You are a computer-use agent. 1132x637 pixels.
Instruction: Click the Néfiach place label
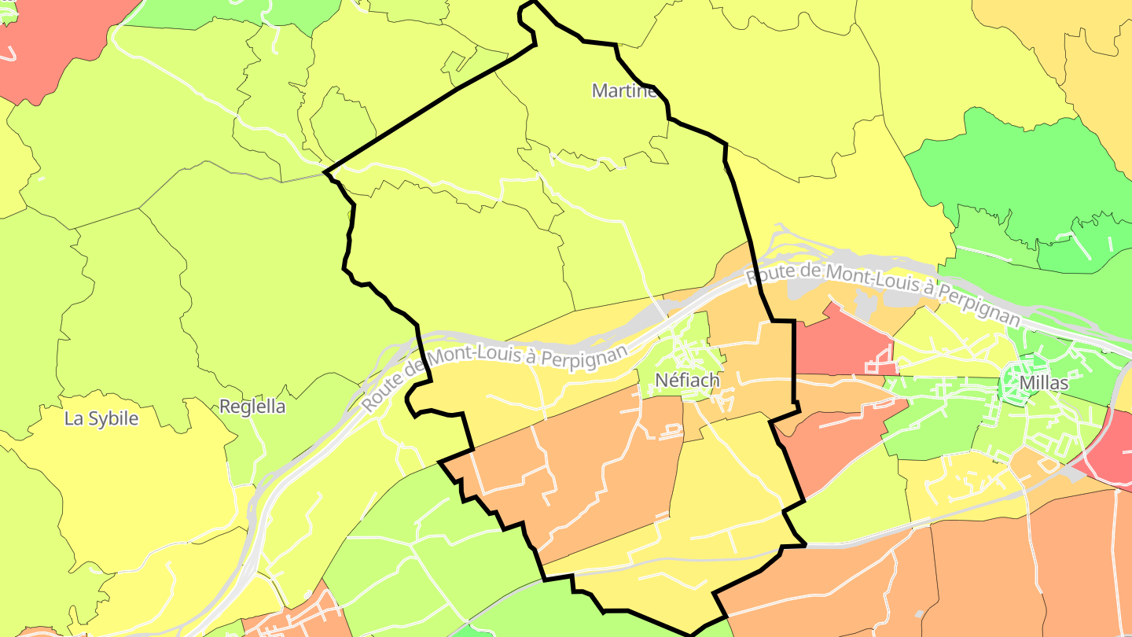point(686,381)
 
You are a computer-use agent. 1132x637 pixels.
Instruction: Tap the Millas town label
point(1043,383)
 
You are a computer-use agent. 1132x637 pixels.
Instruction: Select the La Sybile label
point(101,418)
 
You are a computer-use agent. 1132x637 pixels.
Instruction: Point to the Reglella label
point(252,407)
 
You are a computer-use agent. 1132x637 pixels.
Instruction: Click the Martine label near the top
point(623,90)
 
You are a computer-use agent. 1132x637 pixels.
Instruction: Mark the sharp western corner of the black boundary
point(325,171)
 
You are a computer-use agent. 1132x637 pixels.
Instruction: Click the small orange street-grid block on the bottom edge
point(295,617)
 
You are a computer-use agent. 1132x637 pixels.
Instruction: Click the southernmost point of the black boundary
point(690,634)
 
